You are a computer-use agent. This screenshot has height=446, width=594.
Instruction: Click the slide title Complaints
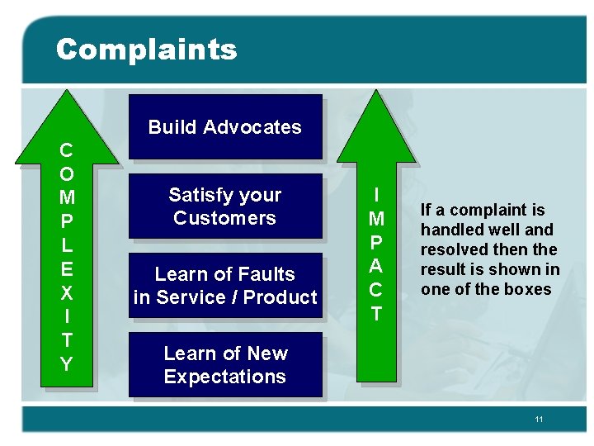tap(146, 50)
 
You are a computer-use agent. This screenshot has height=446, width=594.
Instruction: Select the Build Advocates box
tap(224, 126)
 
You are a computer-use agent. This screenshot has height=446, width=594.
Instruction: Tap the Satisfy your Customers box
tap(224, 206)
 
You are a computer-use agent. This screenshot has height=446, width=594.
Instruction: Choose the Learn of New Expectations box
tap(224, 365)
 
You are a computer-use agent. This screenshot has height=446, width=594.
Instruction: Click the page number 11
tap(539, 420)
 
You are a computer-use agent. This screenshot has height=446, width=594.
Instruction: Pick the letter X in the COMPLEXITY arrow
tap(67, 293)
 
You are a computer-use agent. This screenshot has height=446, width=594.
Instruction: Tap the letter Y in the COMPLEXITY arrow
tap(67, 364)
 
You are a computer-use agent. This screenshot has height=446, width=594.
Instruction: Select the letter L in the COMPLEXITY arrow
tap(67, 245)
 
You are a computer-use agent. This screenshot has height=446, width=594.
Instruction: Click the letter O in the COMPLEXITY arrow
tap(67, 174)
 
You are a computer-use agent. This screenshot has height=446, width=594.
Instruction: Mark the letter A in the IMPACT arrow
tap(376, 267)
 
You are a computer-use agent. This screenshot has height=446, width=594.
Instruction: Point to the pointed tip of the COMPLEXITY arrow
tap(67, 93)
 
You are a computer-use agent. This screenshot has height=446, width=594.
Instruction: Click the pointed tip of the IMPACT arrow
tap(376, 93)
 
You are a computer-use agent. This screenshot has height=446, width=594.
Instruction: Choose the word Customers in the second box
tap(224, 218)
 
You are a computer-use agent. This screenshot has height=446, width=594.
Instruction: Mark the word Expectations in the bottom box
tap(224, 377)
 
